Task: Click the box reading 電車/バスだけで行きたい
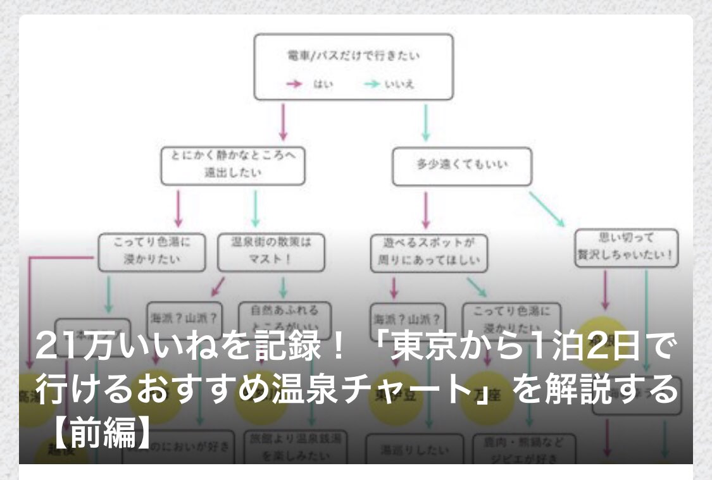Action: (x=353, y=66)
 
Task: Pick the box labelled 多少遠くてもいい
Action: (x=461, y=166)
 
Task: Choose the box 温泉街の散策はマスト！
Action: (x=271, y=252)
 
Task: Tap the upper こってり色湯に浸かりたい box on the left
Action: (x=152, y=252)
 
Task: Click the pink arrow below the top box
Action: (x=283, y=121)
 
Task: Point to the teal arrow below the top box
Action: (x=425, y=121)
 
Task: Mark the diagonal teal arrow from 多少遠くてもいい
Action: (x=546, y=208)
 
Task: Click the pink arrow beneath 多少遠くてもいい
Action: (x=425, y=209)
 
